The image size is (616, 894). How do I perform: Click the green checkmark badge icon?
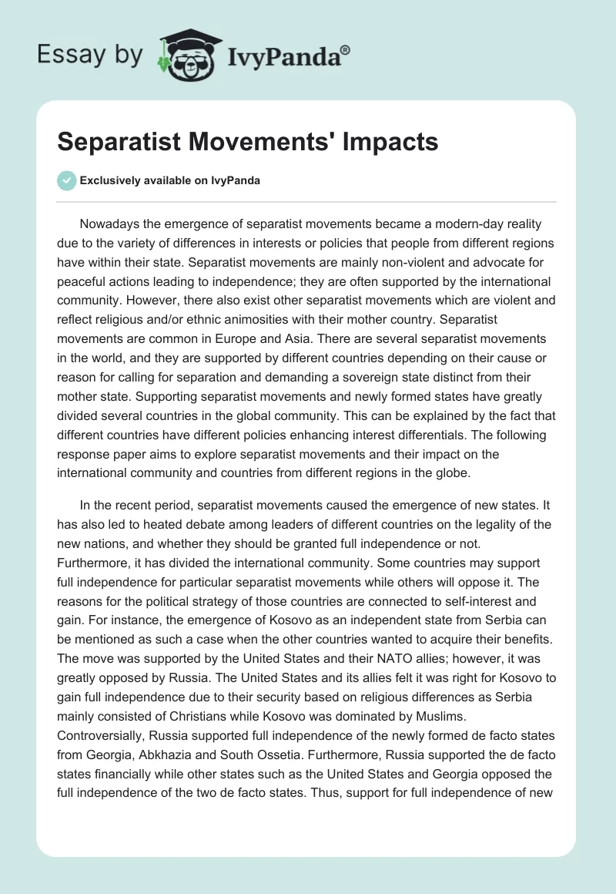point(67,180)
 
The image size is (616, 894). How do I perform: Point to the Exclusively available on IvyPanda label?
point(170,180)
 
